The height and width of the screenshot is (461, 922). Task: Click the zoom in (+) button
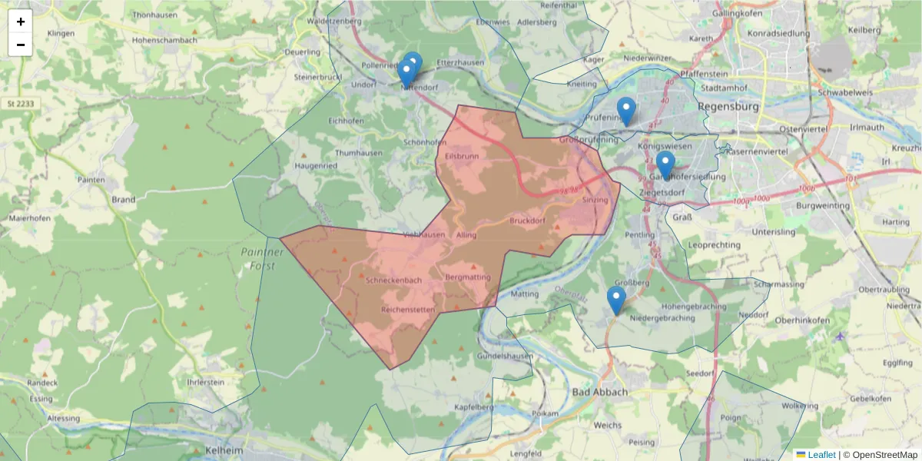21,22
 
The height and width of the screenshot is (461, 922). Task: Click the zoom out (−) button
21,45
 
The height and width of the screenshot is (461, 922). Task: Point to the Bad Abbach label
599,392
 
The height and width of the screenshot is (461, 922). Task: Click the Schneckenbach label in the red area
394,280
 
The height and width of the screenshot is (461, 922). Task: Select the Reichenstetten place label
408,310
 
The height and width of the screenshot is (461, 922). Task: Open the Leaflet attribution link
821,455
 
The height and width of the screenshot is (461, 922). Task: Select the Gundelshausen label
505,357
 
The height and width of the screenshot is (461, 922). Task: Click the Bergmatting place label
467,277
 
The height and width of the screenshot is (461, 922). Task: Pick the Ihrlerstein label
200,382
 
